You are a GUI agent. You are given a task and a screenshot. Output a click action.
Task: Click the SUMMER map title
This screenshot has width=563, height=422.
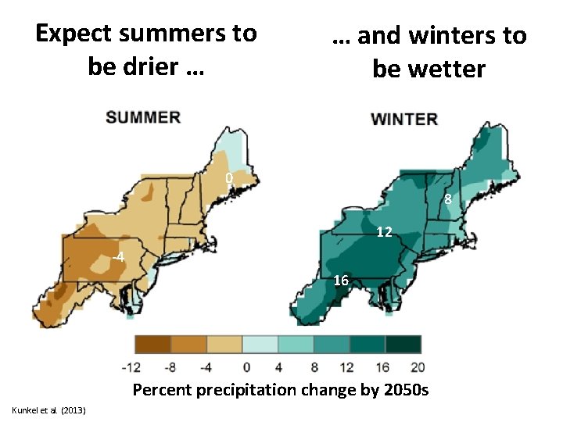[x=143, y=117]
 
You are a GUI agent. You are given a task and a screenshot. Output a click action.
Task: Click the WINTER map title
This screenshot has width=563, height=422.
[x=403, y=119]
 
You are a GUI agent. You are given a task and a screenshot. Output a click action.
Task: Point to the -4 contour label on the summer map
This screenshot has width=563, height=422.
[x=117, y=257]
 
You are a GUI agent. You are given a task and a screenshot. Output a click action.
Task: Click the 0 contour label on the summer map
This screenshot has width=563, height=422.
[x=229, y=179]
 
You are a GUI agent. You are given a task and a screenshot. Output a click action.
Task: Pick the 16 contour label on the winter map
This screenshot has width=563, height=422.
[x=341, y=280]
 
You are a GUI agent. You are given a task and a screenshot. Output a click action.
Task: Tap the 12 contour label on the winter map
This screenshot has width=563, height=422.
[x=384, y=232]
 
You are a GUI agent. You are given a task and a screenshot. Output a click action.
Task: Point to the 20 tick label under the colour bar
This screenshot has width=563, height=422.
[x=418, y=367]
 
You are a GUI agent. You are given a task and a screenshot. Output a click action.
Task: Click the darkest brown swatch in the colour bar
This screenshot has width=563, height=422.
[x=152, y=345]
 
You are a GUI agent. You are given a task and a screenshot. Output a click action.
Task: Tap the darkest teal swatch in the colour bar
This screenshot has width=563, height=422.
[x=403, y=345]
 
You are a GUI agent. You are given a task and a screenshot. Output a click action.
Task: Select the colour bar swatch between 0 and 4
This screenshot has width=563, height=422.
[x=260, y=345]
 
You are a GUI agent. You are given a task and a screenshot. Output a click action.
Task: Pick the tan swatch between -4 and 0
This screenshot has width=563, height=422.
[x=224, y=345]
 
